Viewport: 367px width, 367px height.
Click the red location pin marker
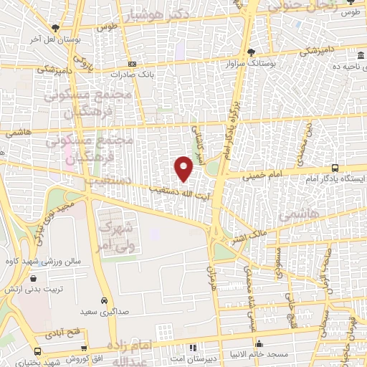click(x=184, y=168)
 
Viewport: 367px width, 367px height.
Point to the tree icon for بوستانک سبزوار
click(x=251, y=52)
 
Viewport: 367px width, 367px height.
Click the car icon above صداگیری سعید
click(x=105, y=300)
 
